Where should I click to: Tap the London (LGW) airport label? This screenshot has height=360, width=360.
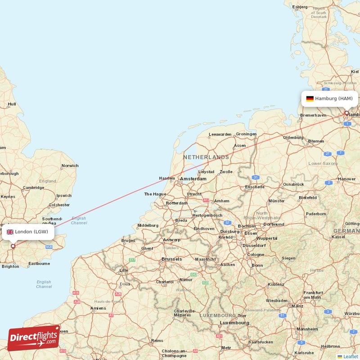pos(31,232)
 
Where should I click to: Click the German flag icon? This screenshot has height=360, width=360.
pos(310,99)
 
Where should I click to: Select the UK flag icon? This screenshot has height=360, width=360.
pos(10,232)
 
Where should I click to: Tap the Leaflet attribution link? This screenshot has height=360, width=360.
pos(350,356)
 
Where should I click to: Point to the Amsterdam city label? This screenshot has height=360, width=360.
pos(193,179)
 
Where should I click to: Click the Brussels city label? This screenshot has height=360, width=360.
pos(171,259)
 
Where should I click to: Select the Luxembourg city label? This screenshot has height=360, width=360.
pos(234,323)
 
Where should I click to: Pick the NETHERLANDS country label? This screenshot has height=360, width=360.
pos(206,157)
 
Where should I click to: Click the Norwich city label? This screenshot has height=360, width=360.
pos(70,166)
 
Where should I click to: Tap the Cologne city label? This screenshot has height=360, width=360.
pos(255,255)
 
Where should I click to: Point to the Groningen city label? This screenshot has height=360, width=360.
pos(246,134)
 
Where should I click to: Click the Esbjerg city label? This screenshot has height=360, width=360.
pos(300,7)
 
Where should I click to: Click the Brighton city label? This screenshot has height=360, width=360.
pos(10,266)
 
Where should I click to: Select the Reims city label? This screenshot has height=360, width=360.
pos(157,341)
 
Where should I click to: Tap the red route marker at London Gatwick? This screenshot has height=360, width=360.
pos(13,246)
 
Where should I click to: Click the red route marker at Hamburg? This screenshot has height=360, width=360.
pos(346,113)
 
